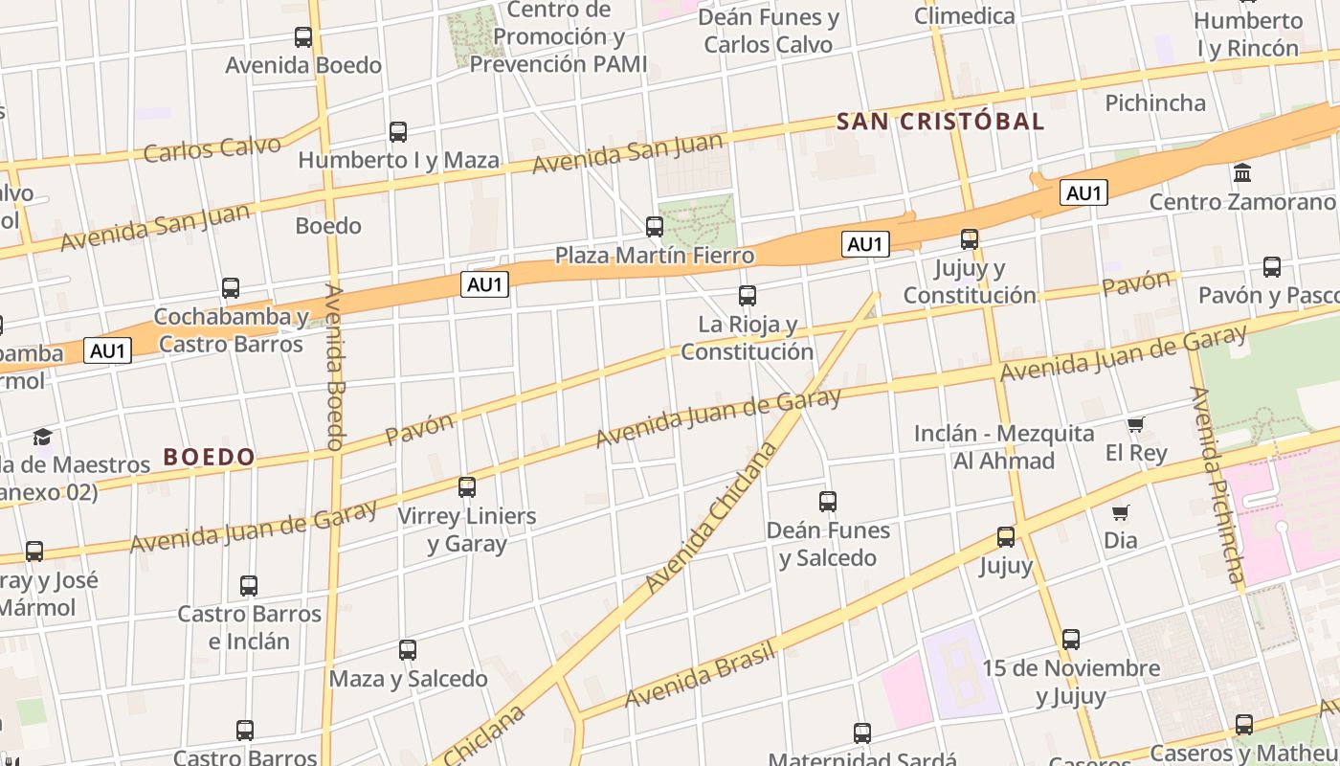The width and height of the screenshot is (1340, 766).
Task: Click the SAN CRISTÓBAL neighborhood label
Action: [x=940, y=122]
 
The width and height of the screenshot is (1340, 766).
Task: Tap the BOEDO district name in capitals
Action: [x=209, y=457]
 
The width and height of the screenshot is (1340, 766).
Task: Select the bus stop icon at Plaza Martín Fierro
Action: [x=655, y=227]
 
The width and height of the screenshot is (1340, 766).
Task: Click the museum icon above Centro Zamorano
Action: [x=1243, y=173]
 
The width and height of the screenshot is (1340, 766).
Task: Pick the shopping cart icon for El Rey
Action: [x=1135, y=424]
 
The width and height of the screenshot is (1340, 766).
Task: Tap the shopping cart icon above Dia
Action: [x=1121, y=512]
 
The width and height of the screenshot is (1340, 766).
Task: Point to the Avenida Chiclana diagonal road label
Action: [x=709, y=518]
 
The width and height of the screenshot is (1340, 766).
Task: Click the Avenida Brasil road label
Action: [x=699, y=676]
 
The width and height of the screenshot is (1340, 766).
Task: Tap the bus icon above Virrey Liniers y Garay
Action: [x=467, y=487]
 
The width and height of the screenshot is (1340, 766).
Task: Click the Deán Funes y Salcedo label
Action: [x=828, y=544]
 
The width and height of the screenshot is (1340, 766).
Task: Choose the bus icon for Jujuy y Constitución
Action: [x=970, y=239]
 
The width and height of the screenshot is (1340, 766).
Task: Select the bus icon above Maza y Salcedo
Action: [x=408, y=650]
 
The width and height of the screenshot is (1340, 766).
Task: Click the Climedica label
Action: [x=964, y=15]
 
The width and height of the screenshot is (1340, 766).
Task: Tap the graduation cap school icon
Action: [x=42, y=438]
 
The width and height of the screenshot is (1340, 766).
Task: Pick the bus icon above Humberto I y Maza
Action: [x=398, y=132]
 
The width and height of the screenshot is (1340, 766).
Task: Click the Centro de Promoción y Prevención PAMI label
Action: [x=558, y=37]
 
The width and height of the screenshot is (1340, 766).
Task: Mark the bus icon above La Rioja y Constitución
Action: [x=748, y=296]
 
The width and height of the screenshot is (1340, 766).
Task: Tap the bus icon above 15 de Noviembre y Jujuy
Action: [x=1071, y=639]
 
